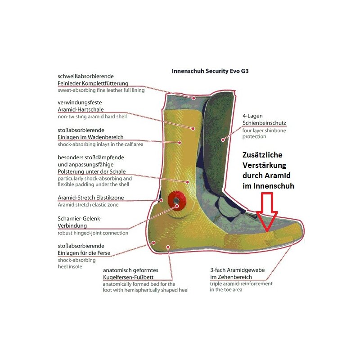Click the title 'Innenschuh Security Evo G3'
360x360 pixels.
pyautogui.click(x=210, y=71)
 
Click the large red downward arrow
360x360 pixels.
pyautogui.click(x=267, y=211)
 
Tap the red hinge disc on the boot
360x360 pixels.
pyautogui.click(x=176, y=202)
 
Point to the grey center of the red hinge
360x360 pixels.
pyautogui.click(x=176, y=201)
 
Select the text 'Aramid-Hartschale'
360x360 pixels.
pyautogui.click(x=81, y=109)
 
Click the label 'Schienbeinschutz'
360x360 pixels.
pyautogui.click(x=264, y=123)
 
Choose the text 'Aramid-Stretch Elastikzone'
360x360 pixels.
pyautogui.click(x=91, y=198)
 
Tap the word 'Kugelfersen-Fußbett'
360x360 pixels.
pyautogui.click(x=128, y=277)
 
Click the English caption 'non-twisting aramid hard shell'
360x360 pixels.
pyautogui.click(x=92, y=117)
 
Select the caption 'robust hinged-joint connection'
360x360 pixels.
pyautogui.click(x=93, y=233)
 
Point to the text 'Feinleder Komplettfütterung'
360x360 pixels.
pyautogui.click(x=93, y=83)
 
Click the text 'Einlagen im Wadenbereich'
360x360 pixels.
pyautogui.click(x=90, y=137)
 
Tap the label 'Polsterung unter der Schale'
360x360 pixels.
pyautogui.click(x=92, y=171)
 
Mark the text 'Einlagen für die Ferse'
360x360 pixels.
pyautogui.click(x=84, y=253)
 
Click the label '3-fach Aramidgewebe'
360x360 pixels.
pyautogui.click(x=238, y=270)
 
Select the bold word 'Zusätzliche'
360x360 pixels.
pyautogui.click(x=262, y=155)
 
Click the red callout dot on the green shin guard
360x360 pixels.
pyautogui.click(x=222, y=139)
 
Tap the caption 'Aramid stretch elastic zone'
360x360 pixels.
pyautogui.click(x=88, y=205)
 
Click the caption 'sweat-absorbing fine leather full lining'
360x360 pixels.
pyautogui.click(x=101, y=90)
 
